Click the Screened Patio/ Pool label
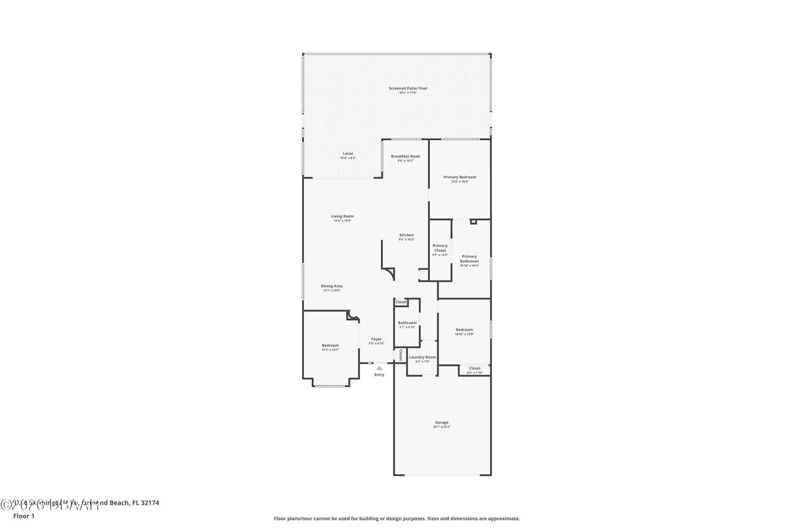[x=408, y=89]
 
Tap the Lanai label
[x=348, y=154]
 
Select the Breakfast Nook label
[x=405, y=156]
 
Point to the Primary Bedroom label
[x=460, y=177]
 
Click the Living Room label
[x=342, y=216]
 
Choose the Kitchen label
[x=406, y=235]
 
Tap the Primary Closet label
[x=440, y=248]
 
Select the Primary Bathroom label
[x=469, y=259]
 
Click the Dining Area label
[x=331, y=287]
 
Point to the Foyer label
[x=377, y=339]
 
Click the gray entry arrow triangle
[x=379, y=368]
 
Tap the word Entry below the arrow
[x=379, y=375]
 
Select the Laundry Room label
[x=422, y=357]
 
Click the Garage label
[x=442, y=423]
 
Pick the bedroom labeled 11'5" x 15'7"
[x=330, y=345]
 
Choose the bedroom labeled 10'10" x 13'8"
[x=464, y=330]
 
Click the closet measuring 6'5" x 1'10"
[x=475, y=369]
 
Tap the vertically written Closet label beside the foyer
[x=401, y=355]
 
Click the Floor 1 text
[x=24, y=516]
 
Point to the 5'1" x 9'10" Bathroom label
[x=407, y=323]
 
